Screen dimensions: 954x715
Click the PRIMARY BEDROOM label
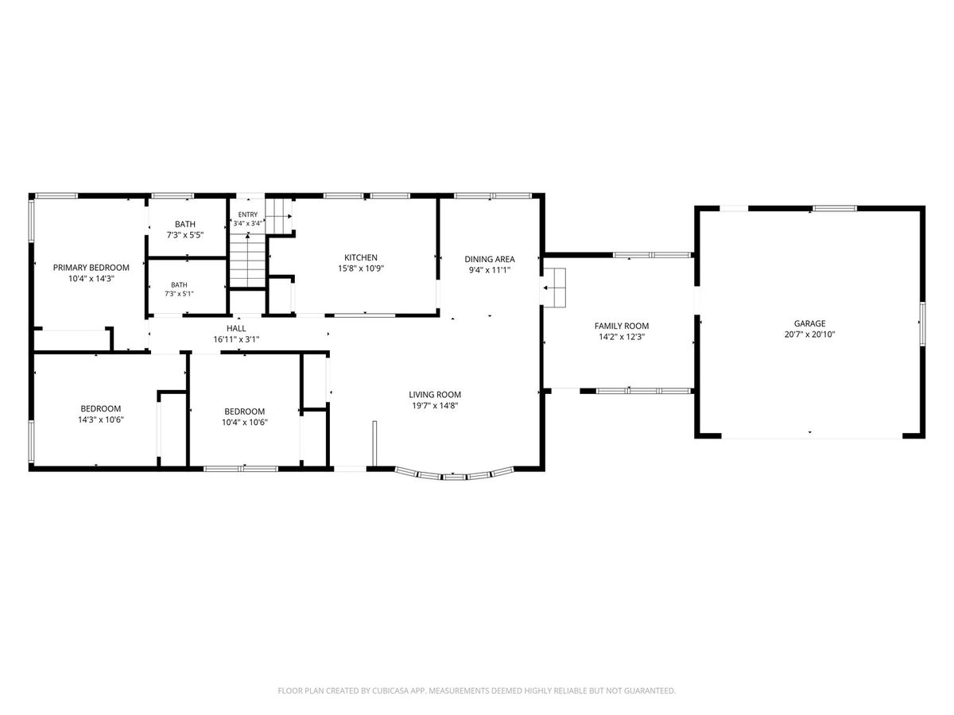pyautogui.click(x=91, y=268)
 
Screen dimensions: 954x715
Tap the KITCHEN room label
pyautogui.click(x=361, y=257)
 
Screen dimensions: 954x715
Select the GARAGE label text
pyautogui.click(x=809, y=323)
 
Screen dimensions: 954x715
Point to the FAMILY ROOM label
pyautogui.click(x=622, y=326)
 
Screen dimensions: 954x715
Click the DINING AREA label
pyautogui.click(x=490, y=259)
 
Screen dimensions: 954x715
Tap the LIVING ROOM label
pyautogui.click(x=435, y=395)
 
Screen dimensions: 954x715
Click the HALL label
pyautogui.click(x=236, y=329)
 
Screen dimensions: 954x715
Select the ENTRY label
pyautogui.click(x=248, y=214)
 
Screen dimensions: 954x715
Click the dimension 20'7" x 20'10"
pyautogui.click(x=809, y=334)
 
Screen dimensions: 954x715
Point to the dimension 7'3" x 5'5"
pyautogui.click(x=185, y=235)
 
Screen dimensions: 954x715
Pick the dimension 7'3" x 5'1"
pyautogui.click(x=179, y=294)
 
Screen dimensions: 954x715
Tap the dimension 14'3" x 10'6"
pyautogui.click(x=101, y=419)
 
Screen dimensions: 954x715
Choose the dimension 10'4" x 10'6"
pyautogui.click(x=245, y=423)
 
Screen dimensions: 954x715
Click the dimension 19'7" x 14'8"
pyautogui.click(x=435, y=406)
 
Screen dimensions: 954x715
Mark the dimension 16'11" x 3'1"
pyautogui.click(x=236, y=339)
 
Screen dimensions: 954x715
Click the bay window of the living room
pyautogui.click(x=454, y=476)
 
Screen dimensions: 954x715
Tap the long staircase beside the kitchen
pyautogui.click(x=247, y=261)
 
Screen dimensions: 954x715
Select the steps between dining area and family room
pyautogui.click(x=555, y=288)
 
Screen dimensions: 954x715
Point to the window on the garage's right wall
pyautogui.click(x=922, y=324)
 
